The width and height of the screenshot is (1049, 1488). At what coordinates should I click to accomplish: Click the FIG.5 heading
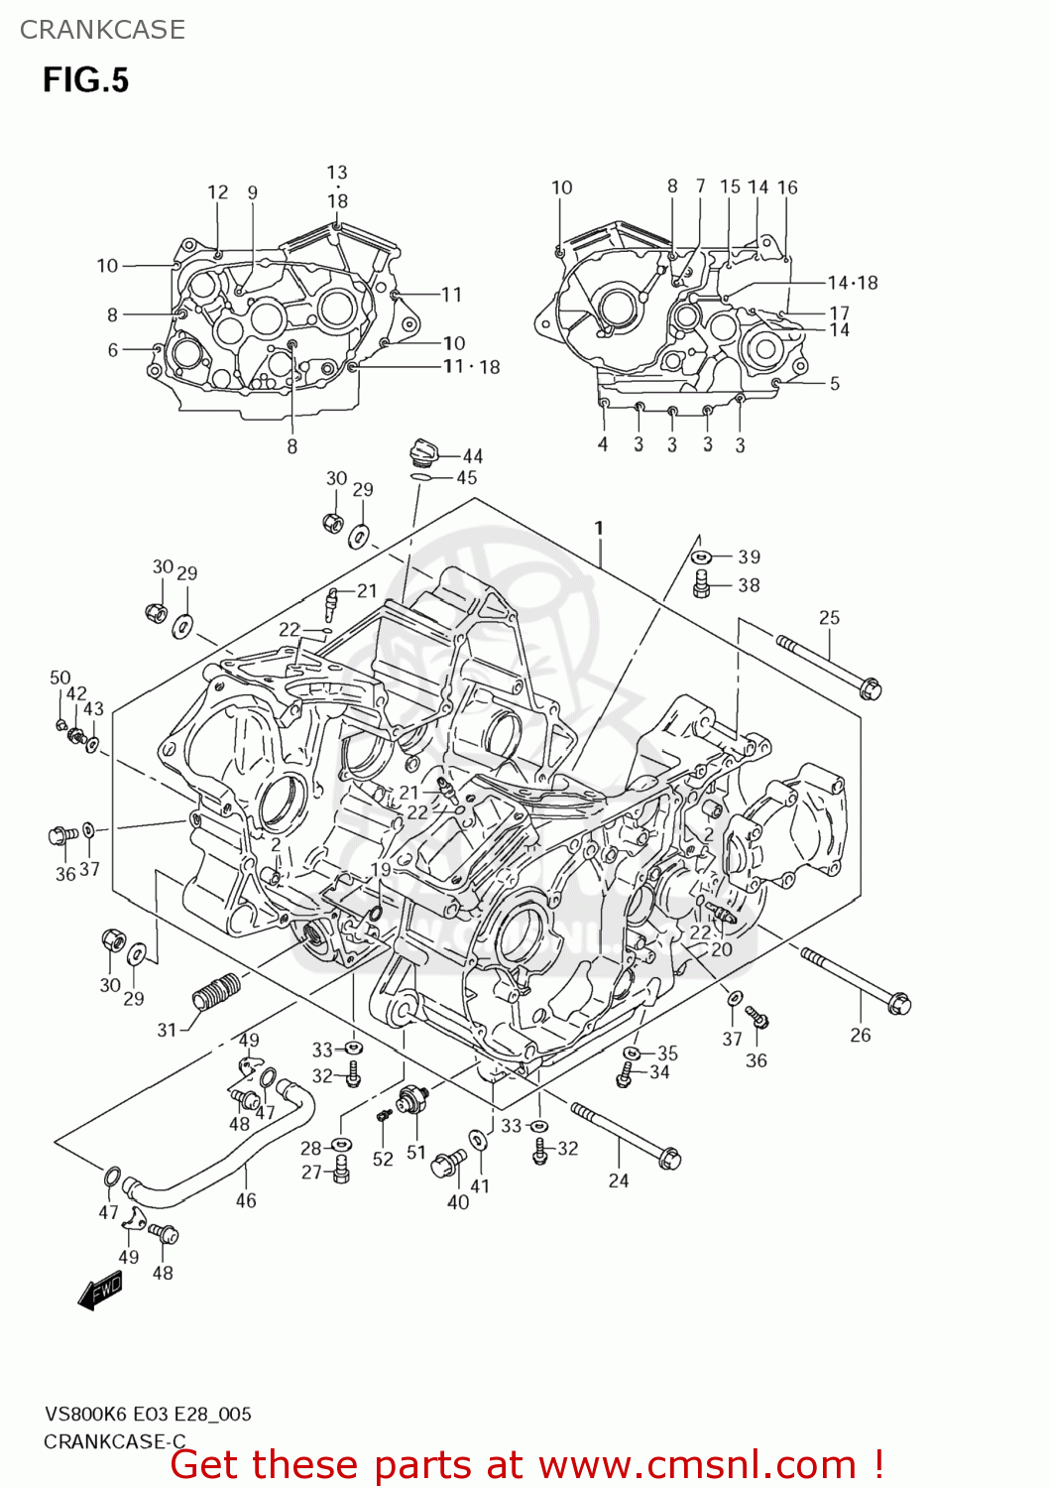tap(85, 80)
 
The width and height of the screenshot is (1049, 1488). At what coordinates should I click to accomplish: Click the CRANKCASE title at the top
tap(102, 30)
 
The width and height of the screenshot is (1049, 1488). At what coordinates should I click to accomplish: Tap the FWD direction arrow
tap(100, 1291)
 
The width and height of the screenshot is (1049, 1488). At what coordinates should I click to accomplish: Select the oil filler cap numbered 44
tap(423, 454)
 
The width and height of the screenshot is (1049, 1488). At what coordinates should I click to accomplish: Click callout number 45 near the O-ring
tap(466, 477)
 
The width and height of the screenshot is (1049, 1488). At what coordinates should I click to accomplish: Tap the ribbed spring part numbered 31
tap(216, 991)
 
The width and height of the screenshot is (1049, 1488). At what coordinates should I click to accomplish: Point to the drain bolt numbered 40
tap(448, 1163)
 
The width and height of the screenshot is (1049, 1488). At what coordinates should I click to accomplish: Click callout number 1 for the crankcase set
tap(599, 528)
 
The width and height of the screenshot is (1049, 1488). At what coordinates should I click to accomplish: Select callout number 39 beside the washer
tap(749, 557)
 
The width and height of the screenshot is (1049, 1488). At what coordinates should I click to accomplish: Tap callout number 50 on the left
tap(60, 678)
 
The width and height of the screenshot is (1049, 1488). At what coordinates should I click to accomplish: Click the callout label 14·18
tap(853, 283)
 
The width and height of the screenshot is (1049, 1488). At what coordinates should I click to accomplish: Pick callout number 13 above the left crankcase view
tap(337, 173)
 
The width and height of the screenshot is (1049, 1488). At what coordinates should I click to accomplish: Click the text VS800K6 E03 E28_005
tap(148, 1415)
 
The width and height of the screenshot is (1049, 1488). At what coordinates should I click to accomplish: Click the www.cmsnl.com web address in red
tap(697, 1464)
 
